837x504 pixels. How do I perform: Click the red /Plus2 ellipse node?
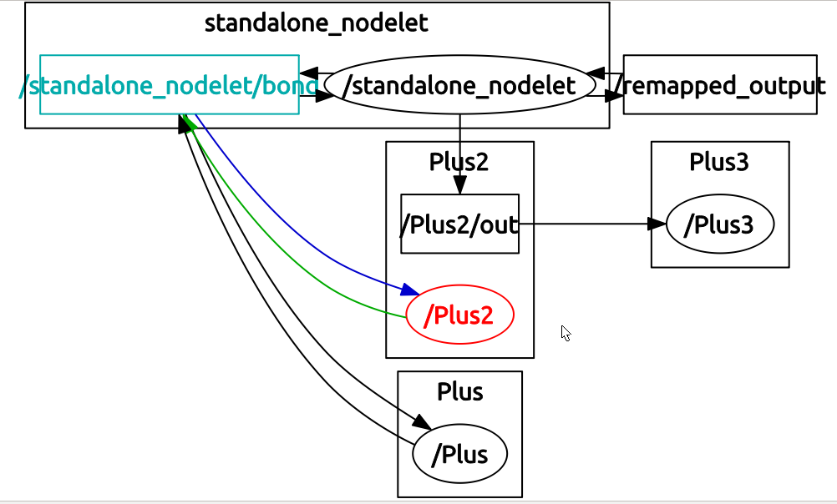[459, 315]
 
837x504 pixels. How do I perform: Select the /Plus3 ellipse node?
[720, 224]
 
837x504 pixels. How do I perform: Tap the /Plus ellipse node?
[460, 455]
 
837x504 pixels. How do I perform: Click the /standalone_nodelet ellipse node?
[459, 84]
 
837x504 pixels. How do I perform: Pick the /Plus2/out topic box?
[459, 224]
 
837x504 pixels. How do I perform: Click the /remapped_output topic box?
[719, 84]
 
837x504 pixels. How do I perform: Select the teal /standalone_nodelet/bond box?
[169, 84]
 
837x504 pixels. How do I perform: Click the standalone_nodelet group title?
[316, 23]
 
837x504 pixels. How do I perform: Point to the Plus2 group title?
[459, 162]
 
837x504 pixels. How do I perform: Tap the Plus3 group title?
[719, 162]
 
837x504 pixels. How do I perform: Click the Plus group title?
[459, 391]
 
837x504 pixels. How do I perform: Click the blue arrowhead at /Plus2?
[409, 290]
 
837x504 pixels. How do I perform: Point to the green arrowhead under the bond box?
[188, 123]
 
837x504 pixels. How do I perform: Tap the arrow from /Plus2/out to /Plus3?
[585, 224]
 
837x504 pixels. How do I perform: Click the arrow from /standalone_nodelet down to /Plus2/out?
[459, 150]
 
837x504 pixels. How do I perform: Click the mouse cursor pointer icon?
[566, 333]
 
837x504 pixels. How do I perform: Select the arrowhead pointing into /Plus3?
[657, 224]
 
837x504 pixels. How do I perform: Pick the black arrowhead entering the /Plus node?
[422, 421]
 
